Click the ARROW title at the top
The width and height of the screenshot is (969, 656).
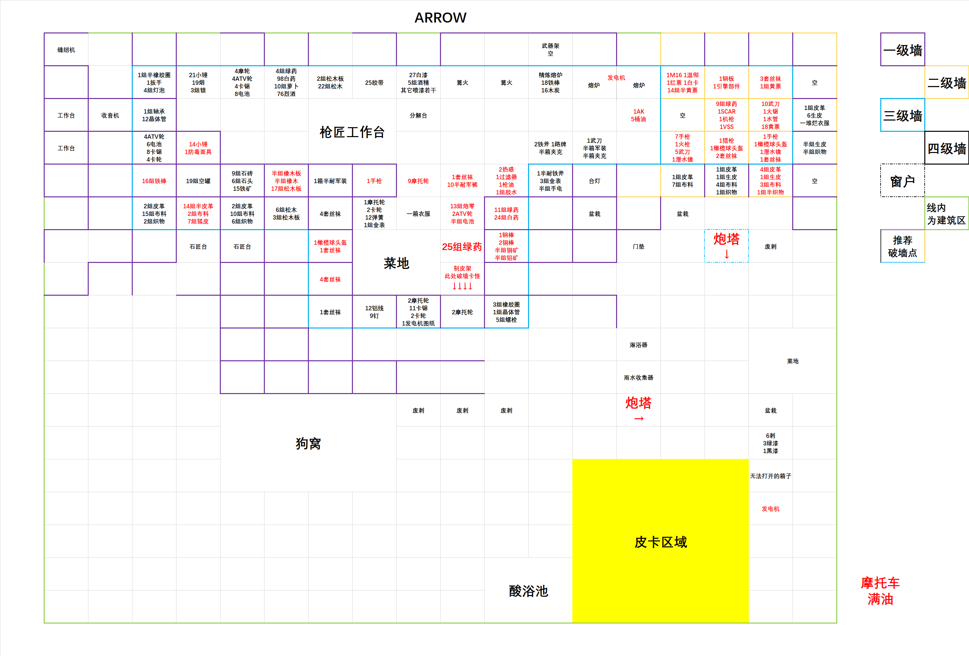440,18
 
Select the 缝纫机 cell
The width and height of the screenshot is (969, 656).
66,50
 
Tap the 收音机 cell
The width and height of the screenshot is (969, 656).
110,116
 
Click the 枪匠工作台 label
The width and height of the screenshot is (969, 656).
352,132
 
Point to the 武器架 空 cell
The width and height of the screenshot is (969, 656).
550,50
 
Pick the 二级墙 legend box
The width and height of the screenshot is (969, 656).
946,82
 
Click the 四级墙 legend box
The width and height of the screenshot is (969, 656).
946,148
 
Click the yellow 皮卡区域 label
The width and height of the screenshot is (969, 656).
660,542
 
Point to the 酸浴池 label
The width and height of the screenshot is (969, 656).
528,591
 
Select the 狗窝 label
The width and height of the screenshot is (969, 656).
308,443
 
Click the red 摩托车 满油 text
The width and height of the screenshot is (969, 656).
880,591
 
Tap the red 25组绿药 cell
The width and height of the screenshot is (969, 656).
462,246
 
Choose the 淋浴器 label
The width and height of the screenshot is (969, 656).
638,345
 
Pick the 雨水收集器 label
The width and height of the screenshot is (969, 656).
638,378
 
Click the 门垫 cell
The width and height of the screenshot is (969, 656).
638,246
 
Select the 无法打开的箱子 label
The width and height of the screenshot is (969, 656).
770,476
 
